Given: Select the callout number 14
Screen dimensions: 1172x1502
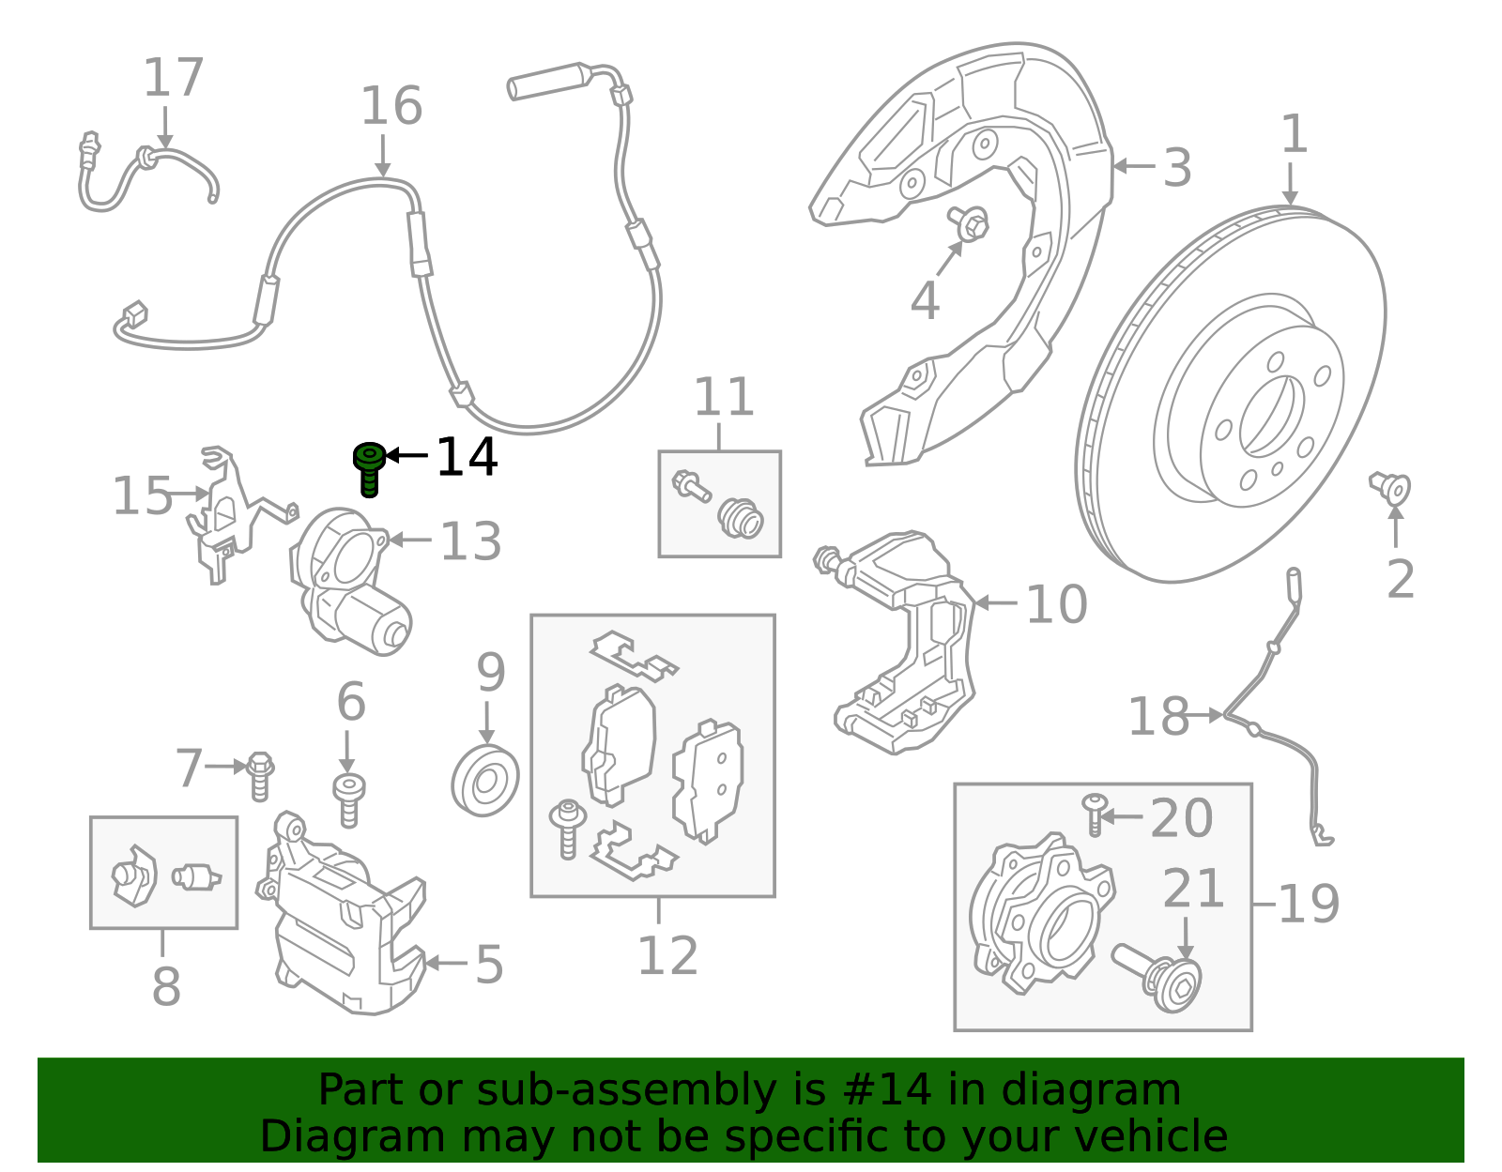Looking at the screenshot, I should coord(467,458).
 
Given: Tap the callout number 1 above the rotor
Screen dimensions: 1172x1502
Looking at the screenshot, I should coord(1294,134).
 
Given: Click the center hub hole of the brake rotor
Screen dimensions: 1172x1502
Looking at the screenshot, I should coord(1271,416).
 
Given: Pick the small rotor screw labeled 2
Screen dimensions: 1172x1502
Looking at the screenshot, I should coord(1392,489).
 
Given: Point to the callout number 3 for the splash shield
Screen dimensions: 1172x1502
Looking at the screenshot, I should coord(1177,169).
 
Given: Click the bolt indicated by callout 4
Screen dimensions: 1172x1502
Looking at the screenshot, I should coord(973,223).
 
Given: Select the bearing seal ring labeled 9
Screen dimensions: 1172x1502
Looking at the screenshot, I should coord(485,781).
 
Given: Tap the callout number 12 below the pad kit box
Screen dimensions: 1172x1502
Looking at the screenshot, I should coord(667,957).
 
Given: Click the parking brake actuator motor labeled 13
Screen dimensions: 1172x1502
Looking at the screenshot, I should coord(352,582).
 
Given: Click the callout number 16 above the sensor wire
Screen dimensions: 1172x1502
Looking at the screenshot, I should coord(391,106).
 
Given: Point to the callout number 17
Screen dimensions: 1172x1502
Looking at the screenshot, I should coord(174,78).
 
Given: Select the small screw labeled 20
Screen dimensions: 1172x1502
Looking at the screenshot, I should coord(1094,814).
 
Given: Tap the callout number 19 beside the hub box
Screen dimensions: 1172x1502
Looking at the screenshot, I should coord(1309,905).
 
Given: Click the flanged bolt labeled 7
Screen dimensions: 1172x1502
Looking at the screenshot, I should coord(259,775).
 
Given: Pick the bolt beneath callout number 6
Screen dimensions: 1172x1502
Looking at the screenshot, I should coord(349,799).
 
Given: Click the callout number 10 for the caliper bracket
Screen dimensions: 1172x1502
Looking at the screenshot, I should coord(1057,605).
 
